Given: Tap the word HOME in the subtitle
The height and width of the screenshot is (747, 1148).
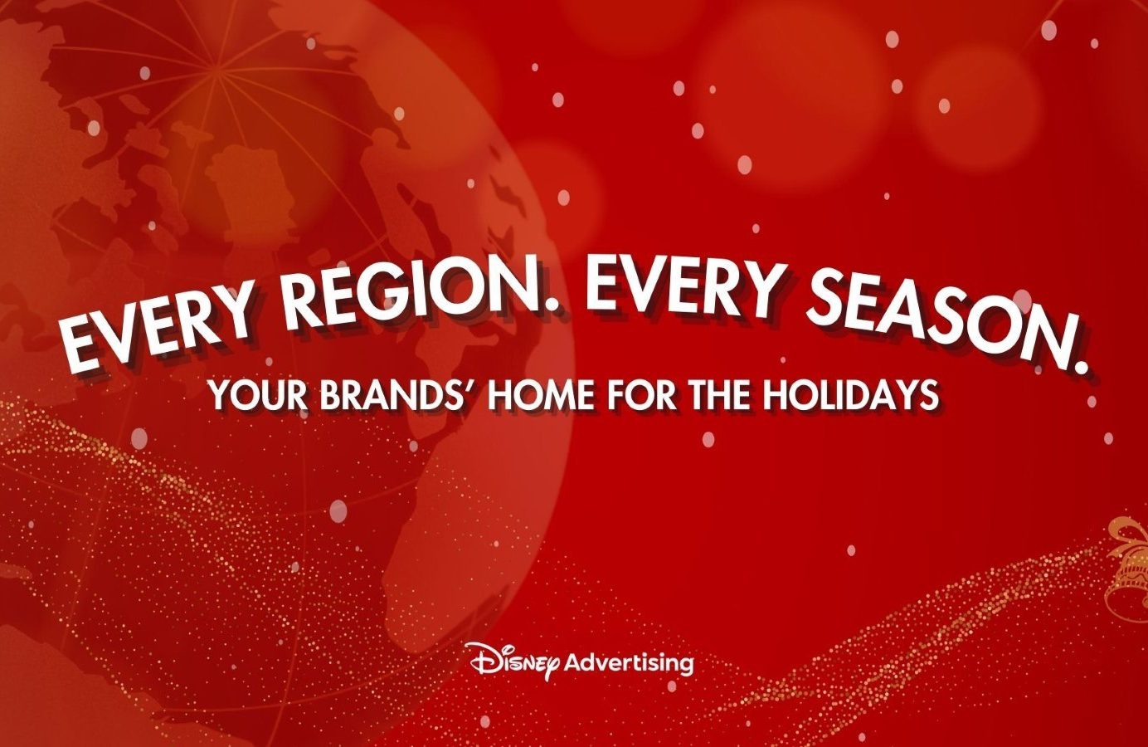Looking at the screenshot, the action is [542, 395].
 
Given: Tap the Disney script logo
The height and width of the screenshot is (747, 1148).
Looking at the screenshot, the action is [514, 661].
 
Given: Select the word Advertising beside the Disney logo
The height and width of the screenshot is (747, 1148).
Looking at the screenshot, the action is [630, 663].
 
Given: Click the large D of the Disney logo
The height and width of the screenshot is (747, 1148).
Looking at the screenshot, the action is [481, 657].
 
